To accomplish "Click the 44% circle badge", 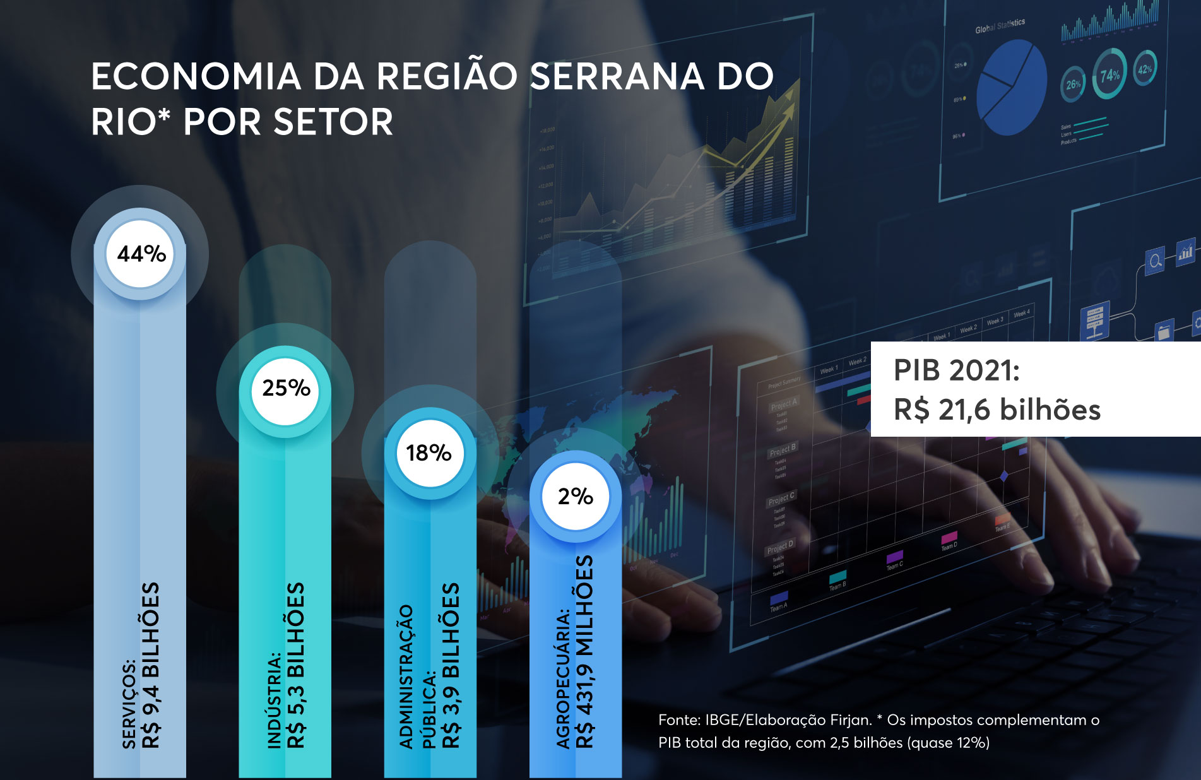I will [x=140, y=254].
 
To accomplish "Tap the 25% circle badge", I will [x=286, y=388].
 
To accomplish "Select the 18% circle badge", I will [x=429, y=453].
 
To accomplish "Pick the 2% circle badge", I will [x=575, y=497].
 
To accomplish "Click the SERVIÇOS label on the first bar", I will [x=129, y=704].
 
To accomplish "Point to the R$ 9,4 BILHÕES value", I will [x=151, y=665].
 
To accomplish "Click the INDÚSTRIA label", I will [x=275, y=700].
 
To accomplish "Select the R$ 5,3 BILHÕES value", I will [x=296, y=665].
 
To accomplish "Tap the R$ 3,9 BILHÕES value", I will [x=451, y=665].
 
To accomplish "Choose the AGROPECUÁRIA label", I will [x=563, y=679].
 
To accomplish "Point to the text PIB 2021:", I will [x=956, y=370].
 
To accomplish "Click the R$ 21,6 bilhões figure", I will [x=997, y=410].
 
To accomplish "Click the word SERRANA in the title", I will [x=617, y=77].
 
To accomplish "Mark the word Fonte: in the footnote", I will [x=679, y=720].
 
